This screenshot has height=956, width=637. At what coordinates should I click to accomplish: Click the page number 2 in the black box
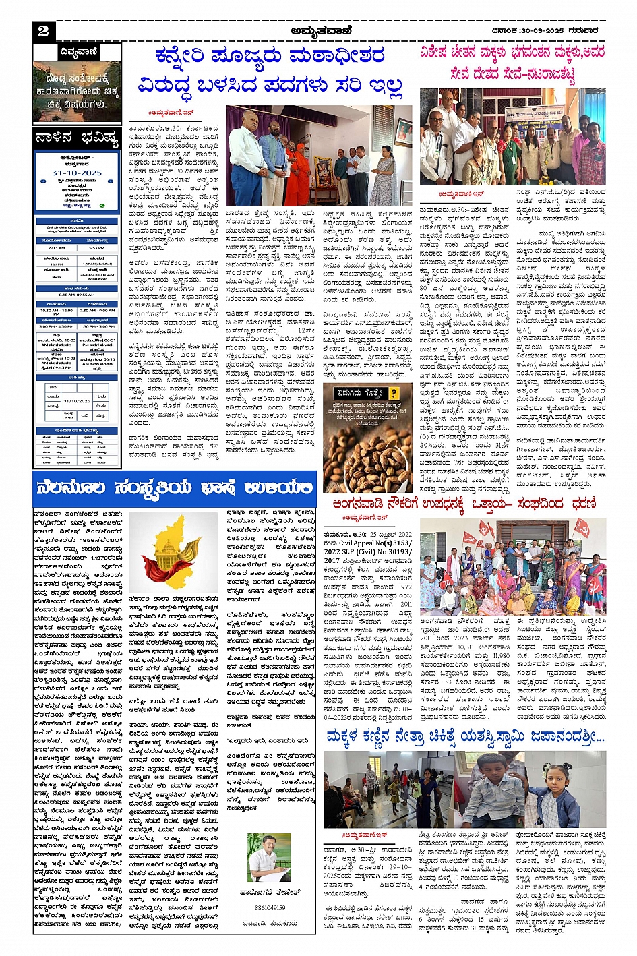click(x=44, y=31)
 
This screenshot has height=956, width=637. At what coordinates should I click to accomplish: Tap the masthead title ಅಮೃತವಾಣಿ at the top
click(x=319, y=30)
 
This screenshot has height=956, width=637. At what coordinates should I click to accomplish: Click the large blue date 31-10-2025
click(x=76, y=173)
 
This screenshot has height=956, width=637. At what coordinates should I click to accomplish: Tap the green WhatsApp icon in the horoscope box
click(x=102, y=205)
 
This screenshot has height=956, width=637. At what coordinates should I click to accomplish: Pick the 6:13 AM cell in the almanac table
click(x=57, y=248)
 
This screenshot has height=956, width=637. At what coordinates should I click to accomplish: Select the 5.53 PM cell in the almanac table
click(x=97, y=248)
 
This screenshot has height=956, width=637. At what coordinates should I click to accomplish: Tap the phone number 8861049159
click(x=270, y=907)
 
